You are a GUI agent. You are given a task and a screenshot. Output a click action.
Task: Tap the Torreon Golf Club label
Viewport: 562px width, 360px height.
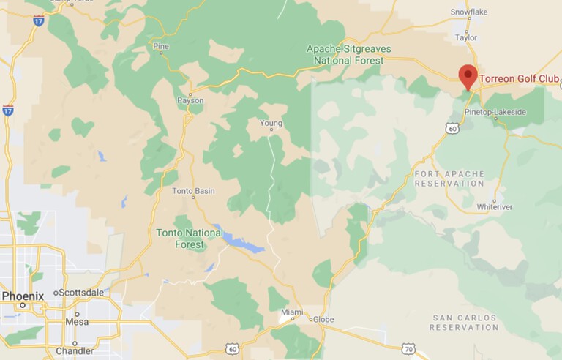point(519,78)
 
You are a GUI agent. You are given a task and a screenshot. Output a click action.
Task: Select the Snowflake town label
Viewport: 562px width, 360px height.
point(468,12)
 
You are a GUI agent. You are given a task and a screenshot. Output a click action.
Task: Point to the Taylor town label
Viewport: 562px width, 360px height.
point(465,37)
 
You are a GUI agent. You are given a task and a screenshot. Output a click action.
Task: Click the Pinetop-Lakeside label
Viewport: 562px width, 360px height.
point(495,112)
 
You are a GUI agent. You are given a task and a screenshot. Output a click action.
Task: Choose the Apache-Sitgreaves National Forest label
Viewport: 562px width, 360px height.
point(348,53)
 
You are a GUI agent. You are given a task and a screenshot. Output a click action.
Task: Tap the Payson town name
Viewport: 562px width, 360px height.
point(190,100)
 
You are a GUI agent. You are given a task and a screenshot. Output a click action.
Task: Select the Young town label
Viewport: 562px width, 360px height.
point(271,123)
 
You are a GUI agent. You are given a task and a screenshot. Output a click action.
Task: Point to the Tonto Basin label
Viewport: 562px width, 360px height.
point(193,191)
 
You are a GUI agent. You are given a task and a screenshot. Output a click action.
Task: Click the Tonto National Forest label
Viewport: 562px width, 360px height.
point(190,239)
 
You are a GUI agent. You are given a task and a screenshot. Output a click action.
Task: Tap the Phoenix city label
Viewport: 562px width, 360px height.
point(23,296)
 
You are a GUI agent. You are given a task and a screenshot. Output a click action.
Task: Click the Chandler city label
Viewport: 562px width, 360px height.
point(75,350)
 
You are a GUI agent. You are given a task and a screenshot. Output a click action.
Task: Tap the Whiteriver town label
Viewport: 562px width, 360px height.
point(494,207)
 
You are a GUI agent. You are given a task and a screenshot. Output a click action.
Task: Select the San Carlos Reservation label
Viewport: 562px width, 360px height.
point(465,323)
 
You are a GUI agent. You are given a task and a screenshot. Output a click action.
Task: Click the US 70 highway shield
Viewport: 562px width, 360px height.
point(408,350)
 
